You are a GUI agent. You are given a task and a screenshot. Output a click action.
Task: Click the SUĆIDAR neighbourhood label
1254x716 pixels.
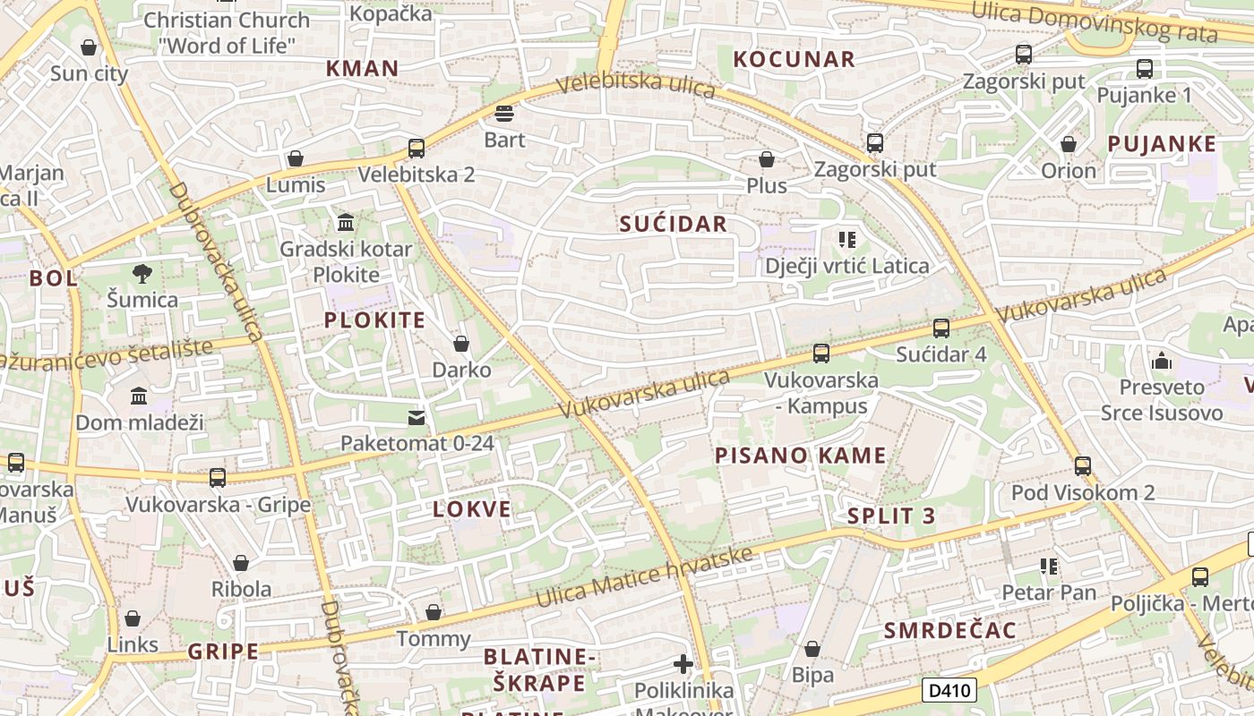tap(674, 224)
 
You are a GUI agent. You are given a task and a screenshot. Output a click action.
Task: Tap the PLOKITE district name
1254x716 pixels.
tap(374, 320)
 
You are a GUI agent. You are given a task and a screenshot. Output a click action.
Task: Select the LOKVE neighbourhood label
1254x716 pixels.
tap(472, 509)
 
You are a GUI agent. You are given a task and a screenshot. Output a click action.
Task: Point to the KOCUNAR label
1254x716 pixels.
tap(794, 60)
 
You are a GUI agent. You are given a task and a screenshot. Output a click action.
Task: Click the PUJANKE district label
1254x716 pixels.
tap(1162, 144)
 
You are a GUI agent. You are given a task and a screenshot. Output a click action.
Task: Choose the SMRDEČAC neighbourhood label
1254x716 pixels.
tap(950, 630)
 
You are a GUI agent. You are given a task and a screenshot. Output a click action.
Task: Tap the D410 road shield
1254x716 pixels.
tap(949, 690)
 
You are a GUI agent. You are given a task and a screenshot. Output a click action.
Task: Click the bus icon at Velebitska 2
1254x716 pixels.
tap(417, 149)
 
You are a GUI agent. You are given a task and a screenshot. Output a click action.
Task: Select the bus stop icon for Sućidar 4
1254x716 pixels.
tap(941, 328)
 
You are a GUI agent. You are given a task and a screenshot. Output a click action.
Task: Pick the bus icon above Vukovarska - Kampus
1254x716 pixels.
tap(821, 354)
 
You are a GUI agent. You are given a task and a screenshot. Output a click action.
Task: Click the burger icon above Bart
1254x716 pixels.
tap(504, 114)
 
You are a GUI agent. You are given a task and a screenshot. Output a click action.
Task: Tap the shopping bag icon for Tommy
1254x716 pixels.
tap(434, 612)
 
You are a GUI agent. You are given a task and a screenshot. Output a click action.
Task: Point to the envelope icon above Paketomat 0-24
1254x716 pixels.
tap(417, 417)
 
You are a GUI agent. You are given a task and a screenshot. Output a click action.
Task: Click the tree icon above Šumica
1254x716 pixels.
tap(142, 273)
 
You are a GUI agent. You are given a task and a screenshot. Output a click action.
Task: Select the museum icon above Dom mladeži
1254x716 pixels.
tap(139, 396)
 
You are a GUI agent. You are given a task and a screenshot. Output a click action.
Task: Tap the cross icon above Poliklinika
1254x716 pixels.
tap(683, 664)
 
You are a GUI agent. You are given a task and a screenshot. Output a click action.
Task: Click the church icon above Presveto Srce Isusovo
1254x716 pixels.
tap(1163, 361)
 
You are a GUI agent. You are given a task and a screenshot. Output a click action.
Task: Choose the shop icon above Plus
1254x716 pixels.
tap(767, 159)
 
